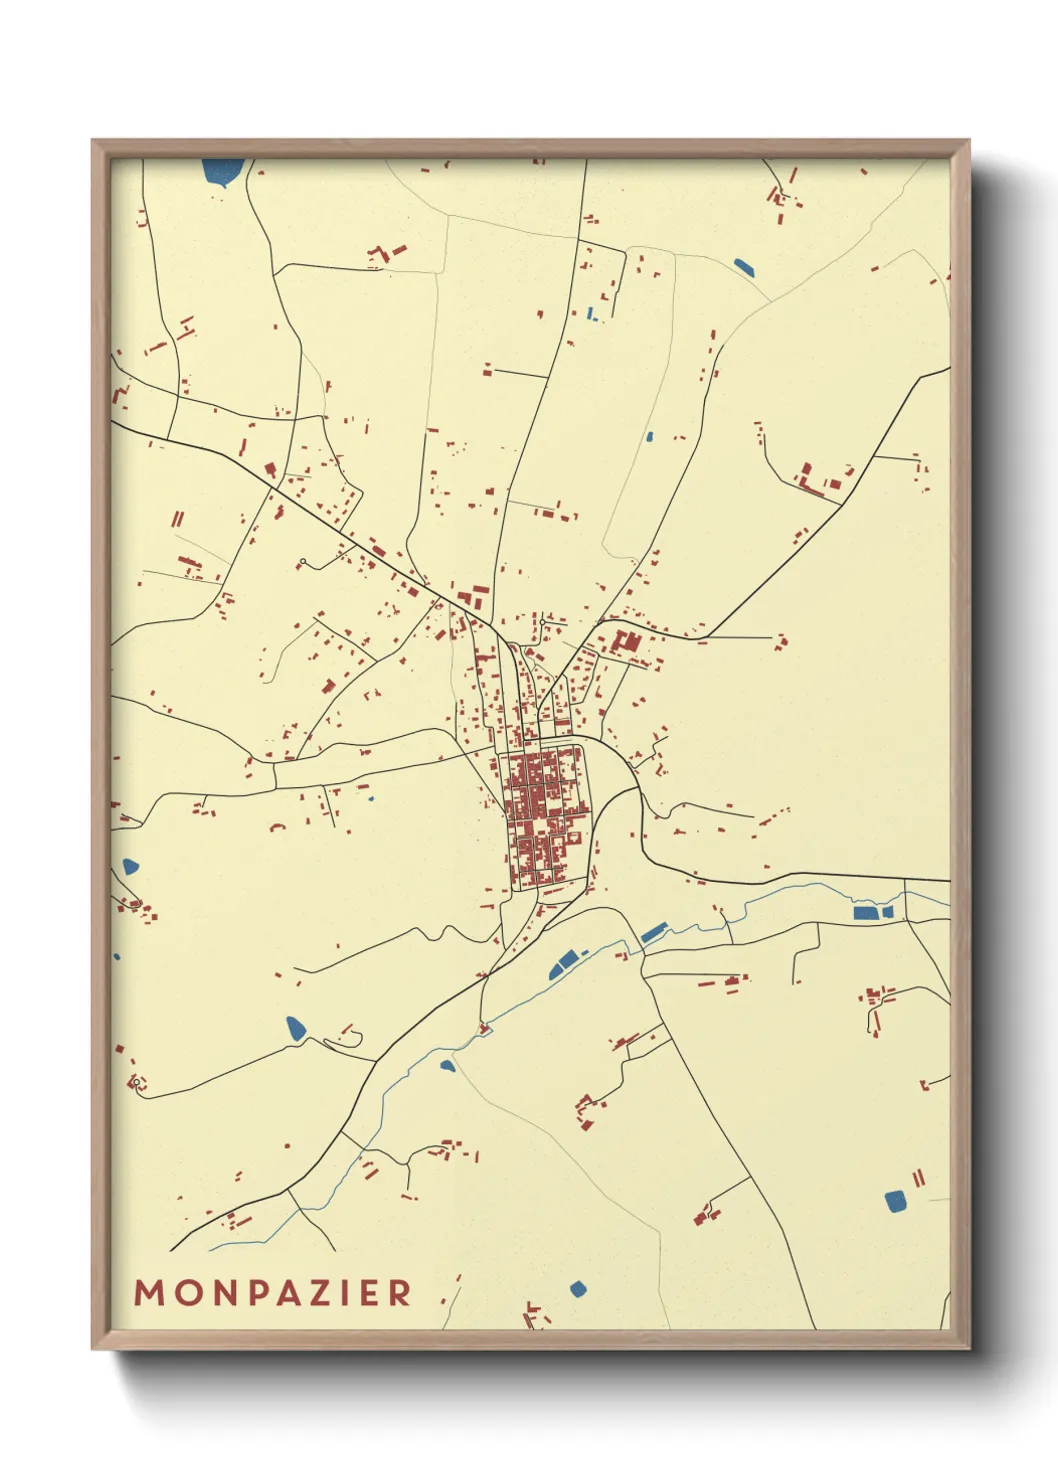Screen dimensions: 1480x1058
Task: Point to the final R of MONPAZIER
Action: [x=400, y=1293]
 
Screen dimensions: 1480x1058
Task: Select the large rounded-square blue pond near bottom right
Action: [x=896, y=1201]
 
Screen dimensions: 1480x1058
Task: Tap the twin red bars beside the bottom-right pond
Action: [x=918, y=1178]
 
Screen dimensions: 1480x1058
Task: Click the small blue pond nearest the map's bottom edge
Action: [x=577, y=1288]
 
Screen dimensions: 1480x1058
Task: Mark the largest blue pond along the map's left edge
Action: [x=129, y=866]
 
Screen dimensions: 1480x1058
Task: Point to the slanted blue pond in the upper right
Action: [x=744, y=267]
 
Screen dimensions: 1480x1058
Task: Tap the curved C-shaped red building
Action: [x=277, y=825]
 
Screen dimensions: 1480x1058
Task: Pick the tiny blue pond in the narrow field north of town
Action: [x=649, y=436]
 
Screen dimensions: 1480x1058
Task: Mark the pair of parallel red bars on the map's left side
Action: [x=178, y=519]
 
